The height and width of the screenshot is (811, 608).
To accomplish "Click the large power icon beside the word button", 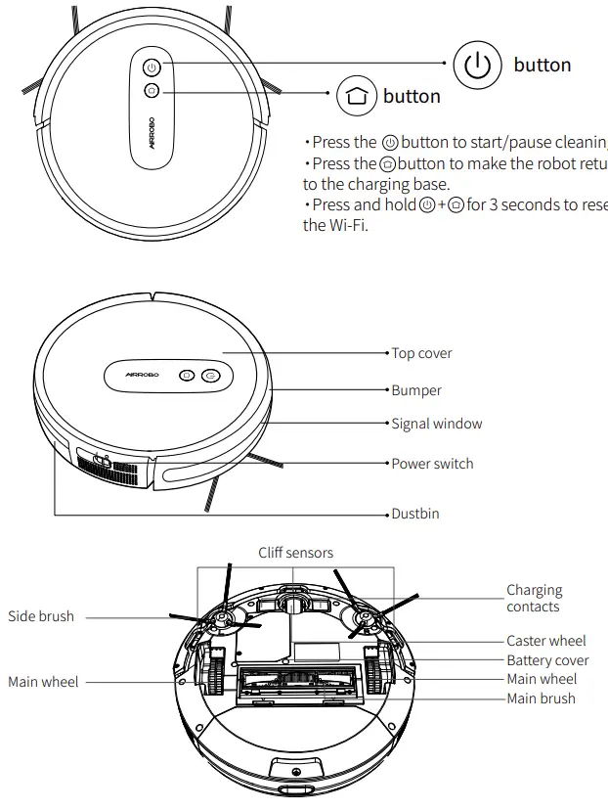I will click(477, 66).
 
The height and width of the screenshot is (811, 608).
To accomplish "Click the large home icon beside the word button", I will click(355, 96).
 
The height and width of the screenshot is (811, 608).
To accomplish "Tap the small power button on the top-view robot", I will click(151, 68).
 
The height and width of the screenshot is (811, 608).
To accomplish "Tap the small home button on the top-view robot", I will click(151, 91).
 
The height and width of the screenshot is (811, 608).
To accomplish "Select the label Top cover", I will click(421, 353).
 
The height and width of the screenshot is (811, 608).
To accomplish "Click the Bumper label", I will click(416, 390).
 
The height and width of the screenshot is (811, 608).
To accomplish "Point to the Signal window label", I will click(436, 424).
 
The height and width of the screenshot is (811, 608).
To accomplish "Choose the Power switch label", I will click(432, 464).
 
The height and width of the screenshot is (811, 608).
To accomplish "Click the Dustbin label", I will click(414, 513).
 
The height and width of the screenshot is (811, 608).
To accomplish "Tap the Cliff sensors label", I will click(295, 553).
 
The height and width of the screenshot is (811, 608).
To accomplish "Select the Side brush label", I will click(41, 616).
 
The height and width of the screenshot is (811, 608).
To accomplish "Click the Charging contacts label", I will click(534, 598).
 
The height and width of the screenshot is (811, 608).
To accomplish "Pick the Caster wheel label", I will click(545, 641).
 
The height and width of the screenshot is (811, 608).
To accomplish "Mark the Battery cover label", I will click(547, 660).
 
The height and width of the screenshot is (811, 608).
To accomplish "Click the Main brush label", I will click(541, 698).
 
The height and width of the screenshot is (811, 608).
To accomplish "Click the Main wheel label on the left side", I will click(44, 682).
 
